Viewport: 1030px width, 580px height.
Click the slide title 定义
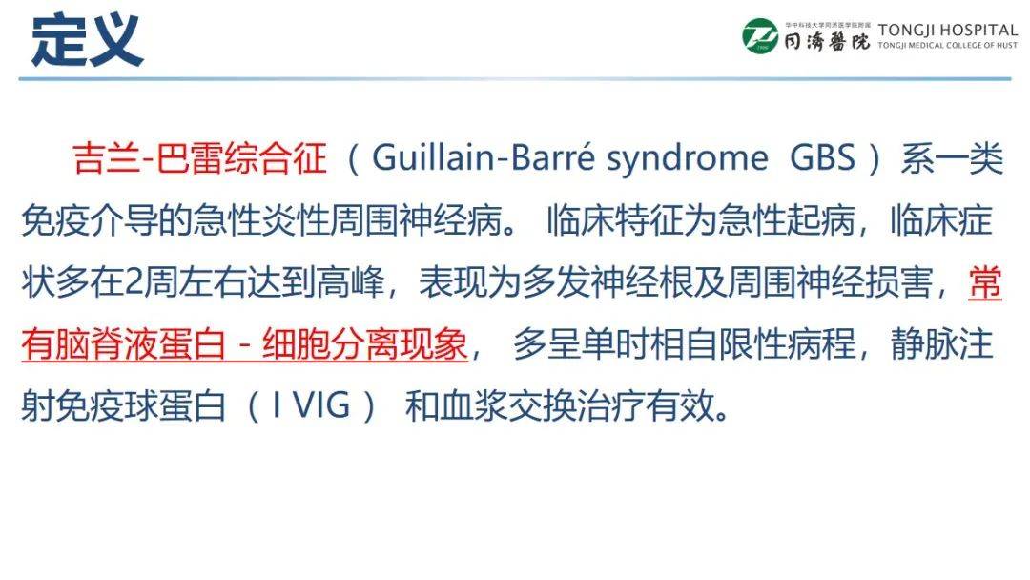87,40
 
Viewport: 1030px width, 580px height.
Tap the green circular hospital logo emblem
760,36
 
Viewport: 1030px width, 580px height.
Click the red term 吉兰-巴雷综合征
200,158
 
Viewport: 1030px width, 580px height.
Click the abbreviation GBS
822,158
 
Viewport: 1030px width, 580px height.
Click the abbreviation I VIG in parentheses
310,408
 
